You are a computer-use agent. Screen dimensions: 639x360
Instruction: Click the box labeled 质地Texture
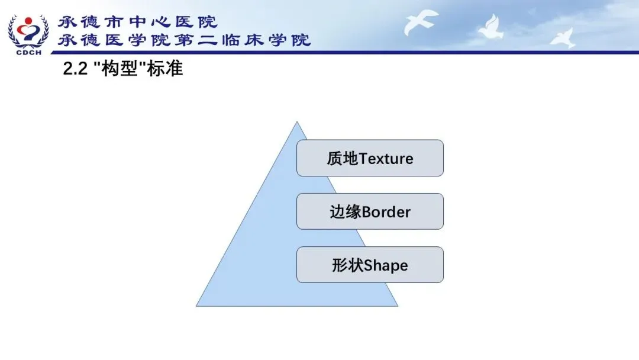(370, 158)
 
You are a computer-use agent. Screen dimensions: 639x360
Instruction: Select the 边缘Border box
(370, 211)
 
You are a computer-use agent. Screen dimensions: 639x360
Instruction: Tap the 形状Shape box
(370, 265)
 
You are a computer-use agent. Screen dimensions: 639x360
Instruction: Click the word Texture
(386, 159)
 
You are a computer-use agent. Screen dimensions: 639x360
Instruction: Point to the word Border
(386, 212)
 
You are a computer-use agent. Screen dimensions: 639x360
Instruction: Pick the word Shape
(386, 266)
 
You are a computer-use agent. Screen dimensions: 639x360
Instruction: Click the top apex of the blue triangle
(296, 121)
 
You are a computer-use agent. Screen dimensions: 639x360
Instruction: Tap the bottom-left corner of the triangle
(196, 306)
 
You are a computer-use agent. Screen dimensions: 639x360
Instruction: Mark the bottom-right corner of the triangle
(398, 306)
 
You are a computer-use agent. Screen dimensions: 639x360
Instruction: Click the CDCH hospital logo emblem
(28, 32)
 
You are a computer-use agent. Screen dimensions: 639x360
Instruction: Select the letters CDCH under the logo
(29, 53)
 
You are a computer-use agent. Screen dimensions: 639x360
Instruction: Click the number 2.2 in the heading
(75, 69)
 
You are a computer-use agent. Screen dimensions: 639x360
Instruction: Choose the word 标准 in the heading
(165, 69)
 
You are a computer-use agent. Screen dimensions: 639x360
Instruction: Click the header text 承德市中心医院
(137, 22)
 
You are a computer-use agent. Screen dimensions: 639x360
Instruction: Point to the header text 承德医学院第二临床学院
(184, 40)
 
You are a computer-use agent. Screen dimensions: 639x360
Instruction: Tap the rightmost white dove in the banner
(564, 37)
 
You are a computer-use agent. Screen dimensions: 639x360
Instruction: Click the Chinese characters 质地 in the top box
(343, 159)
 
